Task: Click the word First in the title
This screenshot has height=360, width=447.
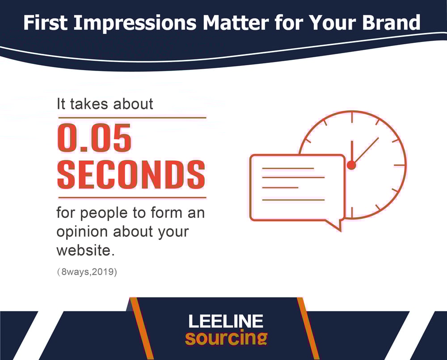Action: pyautogui.click(x=45, y=23)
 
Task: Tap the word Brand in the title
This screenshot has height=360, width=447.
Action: pyautogui.click(x=391, y=23)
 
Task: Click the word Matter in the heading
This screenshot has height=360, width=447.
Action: pyautogui.click(x=236, y=23)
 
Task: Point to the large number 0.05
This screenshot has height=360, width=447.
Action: pyautogui.click(x=94, y=138)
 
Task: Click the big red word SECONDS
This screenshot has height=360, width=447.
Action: pyautogui.click(x=131, y=175)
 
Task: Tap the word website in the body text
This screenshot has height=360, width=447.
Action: pyautogui.click(x=85, y=251)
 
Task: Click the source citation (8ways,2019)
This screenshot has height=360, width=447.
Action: pyautogui.click(x=87, y=272)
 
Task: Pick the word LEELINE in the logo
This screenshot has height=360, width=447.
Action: pyautogui.click(x=226, y=321)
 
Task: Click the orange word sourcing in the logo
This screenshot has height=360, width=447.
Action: pyautogui.click(x=226, y=338)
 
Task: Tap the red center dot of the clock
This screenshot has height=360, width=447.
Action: pyautogui.click(x=351, y=165)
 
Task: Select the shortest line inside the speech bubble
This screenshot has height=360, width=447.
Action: pyautogui.click(x=280, y=188)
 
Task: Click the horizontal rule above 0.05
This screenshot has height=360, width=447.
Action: pyautogui.click(x=132, y=117)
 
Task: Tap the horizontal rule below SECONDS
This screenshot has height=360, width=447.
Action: pyautogui.click(x=132, y=197)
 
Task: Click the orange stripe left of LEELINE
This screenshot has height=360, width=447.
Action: pyautogui.click(x=142, y=328)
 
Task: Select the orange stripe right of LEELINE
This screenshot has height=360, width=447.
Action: pyautogui.click(x=308, y=328)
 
